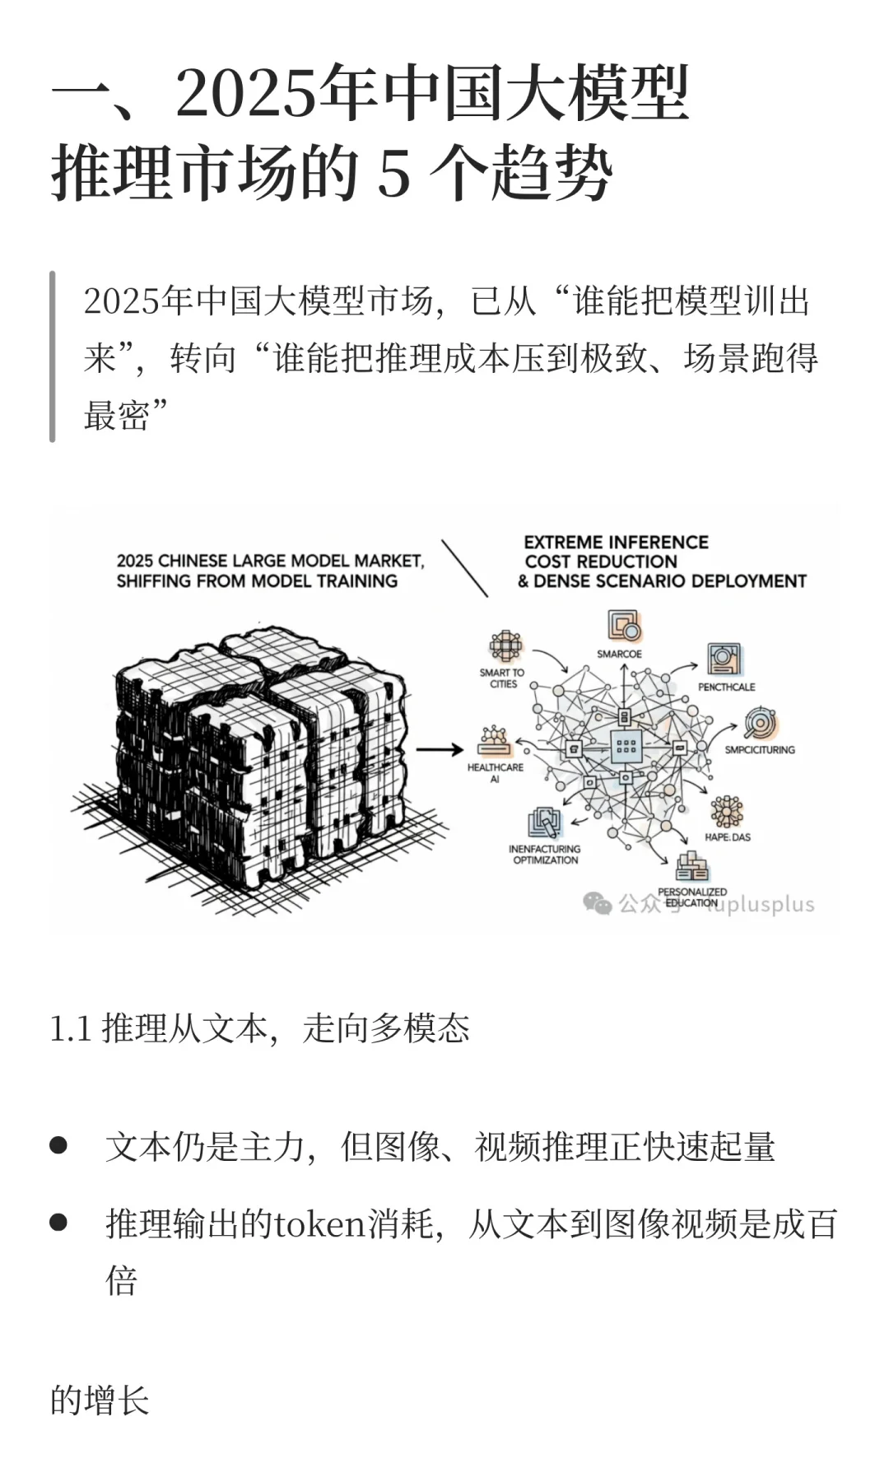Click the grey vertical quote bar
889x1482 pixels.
tap(53, 357)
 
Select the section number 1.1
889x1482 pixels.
tap(70, 1029)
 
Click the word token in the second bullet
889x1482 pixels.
tap(319, 1224)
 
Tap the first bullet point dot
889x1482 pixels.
tap(58, 1145)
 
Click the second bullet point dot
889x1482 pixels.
tap(58, 1222)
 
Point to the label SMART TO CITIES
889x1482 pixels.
tap(502, 678)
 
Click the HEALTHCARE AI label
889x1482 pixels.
tap(495, 772)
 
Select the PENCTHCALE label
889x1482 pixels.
tap(726, 687)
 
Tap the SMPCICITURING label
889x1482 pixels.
tap(759, 750)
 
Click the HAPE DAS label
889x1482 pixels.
tap(727, 837)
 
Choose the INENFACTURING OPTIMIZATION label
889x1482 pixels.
tap(544, 854)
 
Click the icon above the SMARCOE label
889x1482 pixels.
tap(624, 626)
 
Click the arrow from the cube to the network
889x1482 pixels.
tap(440, 749)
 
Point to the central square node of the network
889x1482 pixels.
tap(626, 746)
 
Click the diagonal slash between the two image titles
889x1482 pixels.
tap(464, 568)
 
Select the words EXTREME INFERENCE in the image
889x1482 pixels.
tap(616, 543)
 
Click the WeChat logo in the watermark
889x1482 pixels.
tap(597, 903)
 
